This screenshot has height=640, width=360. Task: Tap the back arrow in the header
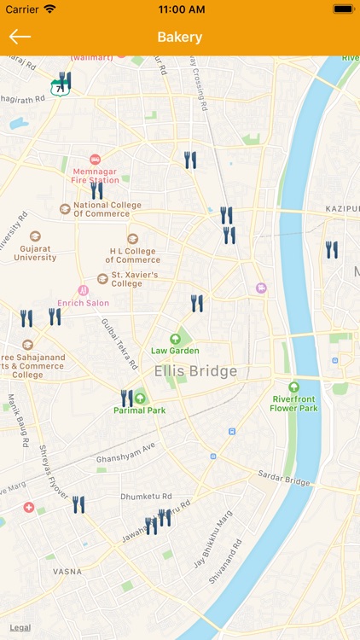20,37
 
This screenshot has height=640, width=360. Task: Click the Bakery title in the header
180,37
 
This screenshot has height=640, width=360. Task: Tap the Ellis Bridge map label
195,371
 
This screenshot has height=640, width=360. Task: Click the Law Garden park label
175,350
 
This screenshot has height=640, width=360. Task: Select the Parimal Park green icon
140,398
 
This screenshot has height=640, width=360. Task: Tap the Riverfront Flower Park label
294,403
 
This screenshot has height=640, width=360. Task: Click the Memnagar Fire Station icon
95,160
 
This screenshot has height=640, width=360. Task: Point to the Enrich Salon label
83,302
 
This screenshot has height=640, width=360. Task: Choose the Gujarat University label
35,252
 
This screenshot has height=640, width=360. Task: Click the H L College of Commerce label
132,255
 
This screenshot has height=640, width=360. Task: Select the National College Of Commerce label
107,209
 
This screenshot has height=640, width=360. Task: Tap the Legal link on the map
20,627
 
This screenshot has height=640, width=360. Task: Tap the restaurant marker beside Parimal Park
126,398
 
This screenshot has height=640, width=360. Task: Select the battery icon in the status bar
343,9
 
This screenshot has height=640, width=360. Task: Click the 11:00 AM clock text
180,9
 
